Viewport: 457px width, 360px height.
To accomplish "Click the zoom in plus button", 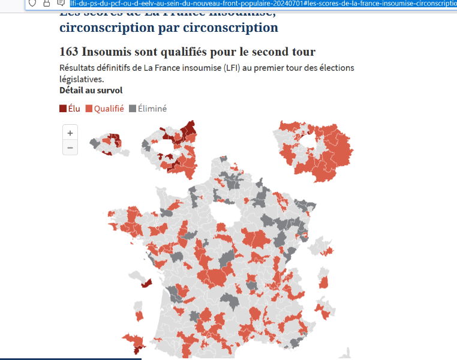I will coord(70,133).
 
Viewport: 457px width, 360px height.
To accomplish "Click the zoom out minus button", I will coord(70,148).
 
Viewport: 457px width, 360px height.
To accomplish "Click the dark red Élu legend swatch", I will coord(63,109).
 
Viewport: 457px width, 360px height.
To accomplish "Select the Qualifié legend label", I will coord(109,109).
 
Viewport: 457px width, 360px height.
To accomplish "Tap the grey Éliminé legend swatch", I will coord(133,109).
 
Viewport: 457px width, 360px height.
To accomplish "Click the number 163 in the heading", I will coord(69,52).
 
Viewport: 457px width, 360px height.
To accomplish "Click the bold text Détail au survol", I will coord(91,90).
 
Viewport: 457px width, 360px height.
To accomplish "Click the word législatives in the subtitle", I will coord(81,79).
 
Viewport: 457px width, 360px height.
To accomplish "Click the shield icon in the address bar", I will coord(32,3).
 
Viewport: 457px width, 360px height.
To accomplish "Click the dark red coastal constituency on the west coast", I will coord(146,282).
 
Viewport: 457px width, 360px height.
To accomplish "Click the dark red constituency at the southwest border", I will coord(137,343).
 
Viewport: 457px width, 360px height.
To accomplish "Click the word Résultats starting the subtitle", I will coord(79,68).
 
